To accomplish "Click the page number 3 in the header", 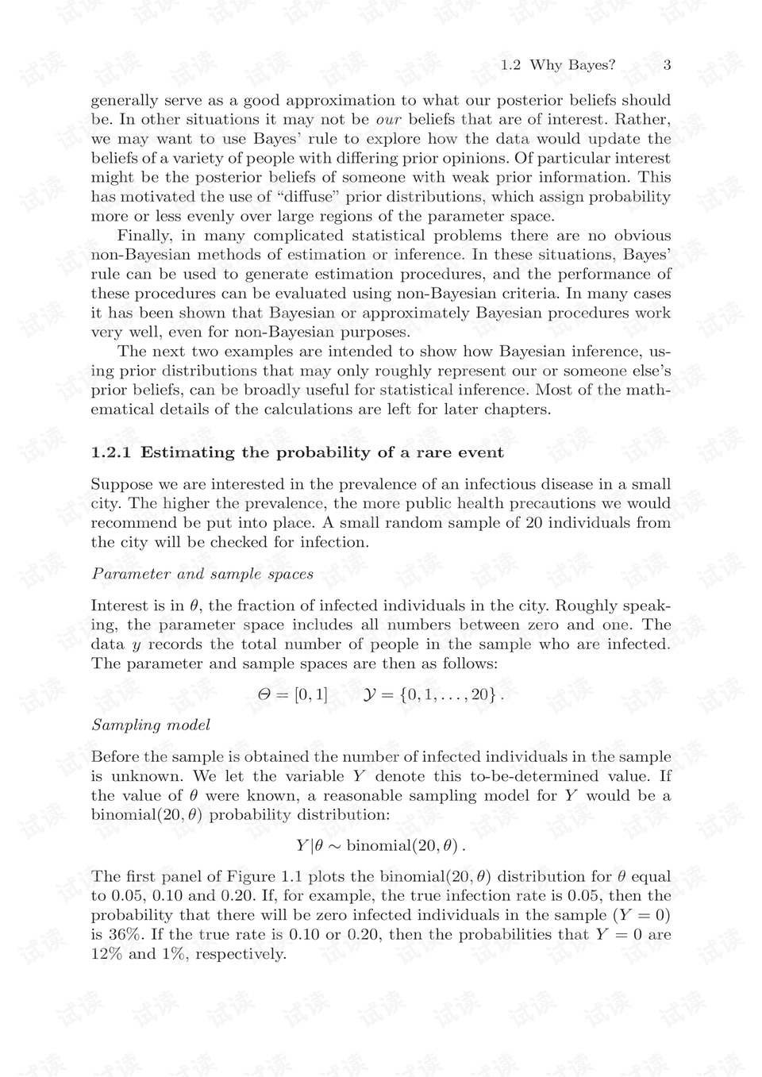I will (667, 65).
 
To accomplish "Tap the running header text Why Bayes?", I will (572, 65).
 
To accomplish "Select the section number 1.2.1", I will (111, 452).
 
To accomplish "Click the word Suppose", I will (121, 484).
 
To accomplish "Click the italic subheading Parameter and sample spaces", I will (202, 574).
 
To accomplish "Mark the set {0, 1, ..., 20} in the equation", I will (449, 694).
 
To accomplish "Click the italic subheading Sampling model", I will (151, 725).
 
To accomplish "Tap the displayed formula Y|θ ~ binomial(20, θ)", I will (380, 846).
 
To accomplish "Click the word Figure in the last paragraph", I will (251, 877).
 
